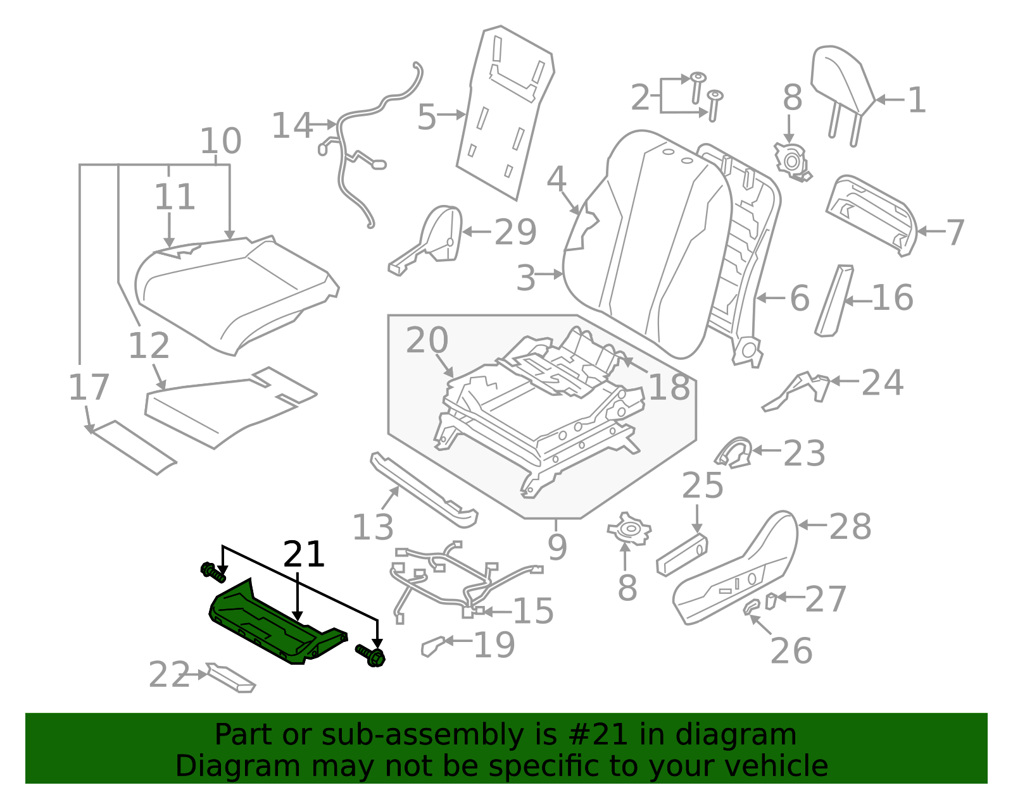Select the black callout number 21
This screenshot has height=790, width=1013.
(x=303, y=555)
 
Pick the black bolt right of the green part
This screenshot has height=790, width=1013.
(x=371, y=655)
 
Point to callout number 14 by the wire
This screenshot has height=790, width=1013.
(x=292, y=126)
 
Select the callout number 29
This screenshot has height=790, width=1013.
(x=515, y=232)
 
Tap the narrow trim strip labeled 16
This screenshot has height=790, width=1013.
(x=834, y=300)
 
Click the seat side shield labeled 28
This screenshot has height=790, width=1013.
(x=734, y=569)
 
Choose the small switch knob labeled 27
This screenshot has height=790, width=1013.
(x=771, y=600)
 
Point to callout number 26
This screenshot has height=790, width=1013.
(x=791, y=651)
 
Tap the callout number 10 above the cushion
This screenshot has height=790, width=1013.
(x=220, y=141)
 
